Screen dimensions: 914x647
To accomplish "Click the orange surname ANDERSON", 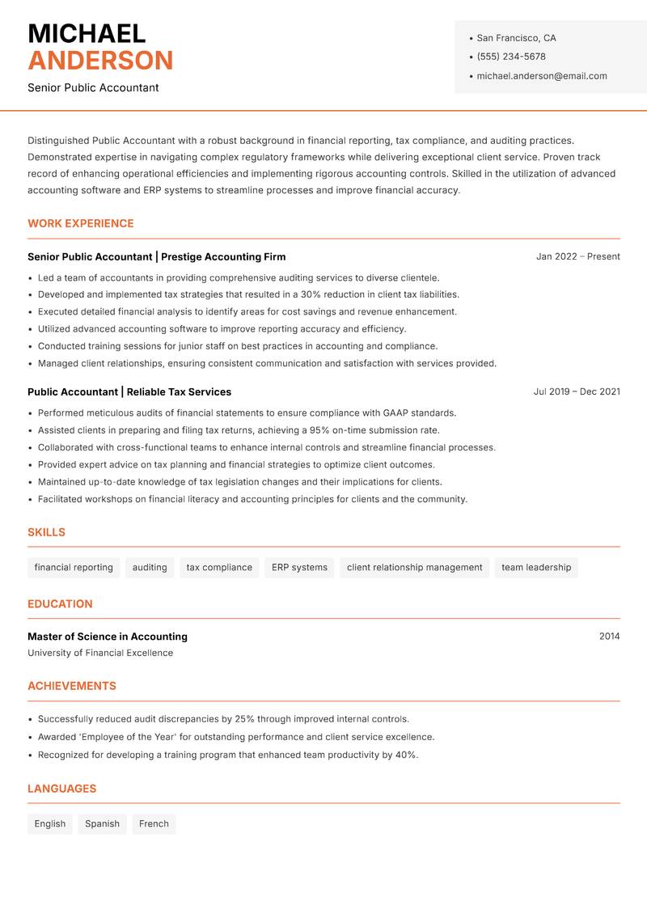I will (100, 61).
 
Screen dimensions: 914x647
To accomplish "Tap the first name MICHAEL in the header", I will (87, 34).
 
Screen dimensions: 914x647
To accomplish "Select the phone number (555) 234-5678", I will (511, 57).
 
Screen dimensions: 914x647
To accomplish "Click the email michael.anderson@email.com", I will (542, 76).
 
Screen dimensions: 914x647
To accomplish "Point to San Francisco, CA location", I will (516, 38).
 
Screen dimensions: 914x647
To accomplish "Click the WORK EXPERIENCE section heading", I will (81, 223).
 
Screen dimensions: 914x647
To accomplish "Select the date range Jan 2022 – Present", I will (577, 256).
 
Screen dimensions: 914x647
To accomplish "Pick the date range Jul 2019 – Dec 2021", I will (577, 391).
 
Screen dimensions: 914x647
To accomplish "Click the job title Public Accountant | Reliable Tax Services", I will (129, 391).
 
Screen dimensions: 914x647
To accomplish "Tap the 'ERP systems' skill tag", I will (299, 568).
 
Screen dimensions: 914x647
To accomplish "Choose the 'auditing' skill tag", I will (150, 568).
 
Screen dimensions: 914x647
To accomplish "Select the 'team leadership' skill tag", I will (536, 568).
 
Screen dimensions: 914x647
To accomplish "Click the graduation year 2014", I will (609, 637).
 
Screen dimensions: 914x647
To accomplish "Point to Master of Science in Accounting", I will (108, 637).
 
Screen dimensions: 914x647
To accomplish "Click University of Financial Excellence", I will (100, 653).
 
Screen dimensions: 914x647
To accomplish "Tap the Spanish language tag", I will (102, 824).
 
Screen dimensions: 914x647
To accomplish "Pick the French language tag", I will (154, 824).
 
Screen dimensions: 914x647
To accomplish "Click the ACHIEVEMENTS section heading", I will (72, 686).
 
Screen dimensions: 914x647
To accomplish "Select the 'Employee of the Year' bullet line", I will (236, 737).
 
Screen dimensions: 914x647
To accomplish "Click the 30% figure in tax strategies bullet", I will (311, 294).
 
